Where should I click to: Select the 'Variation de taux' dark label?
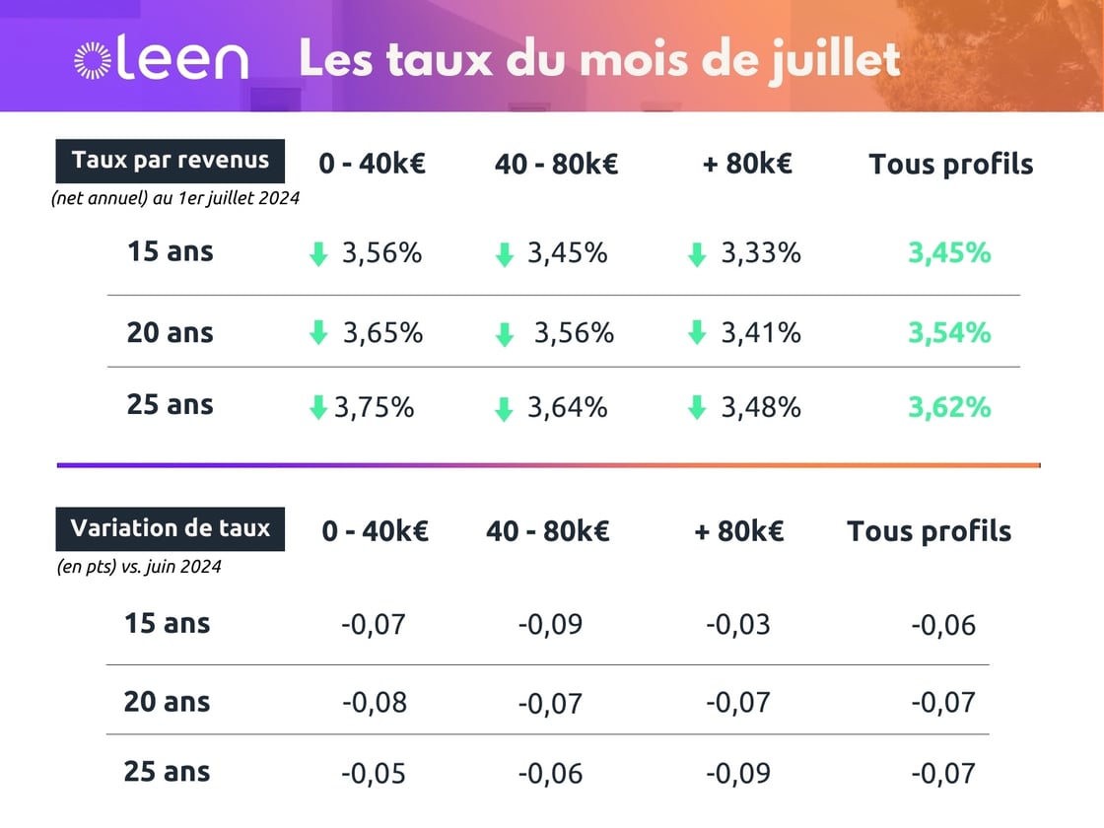click(x=170, y=528)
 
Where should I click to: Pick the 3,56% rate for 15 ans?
click(x=381, y=253)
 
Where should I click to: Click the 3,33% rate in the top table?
click(x=760, y=253)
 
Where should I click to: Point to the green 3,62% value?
click(x=948, y=406)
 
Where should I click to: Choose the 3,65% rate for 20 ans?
click(x=382, y=333)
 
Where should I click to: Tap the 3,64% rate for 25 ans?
click(x=567, y=406)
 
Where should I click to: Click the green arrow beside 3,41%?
click(x=697, y=334)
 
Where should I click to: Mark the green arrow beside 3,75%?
click(x=317, y=407)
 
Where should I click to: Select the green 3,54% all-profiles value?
click(x=948, y=333)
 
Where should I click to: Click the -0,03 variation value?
click(x=737, y=624)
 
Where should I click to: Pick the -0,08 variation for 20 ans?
click(x=375, y=703)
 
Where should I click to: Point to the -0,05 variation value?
click(x=375, y=774)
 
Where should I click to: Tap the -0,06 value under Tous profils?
click(x=943, y=625)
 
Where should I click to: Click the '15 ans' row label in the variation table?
click(x=167, y=623)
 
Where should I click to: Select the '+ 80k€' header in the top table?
click(x=746, y=164)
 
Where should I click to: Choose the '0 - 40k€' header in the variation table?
click(x=375, y=531)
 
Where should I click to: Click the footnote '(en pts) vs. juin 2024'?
click(x=139, y=567)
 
